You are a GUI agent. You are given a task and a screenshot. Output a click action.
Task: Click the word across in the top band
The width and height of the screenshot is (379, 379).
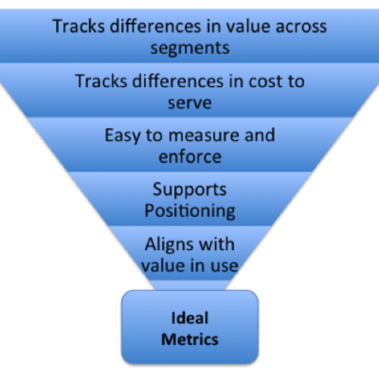click(301, 27)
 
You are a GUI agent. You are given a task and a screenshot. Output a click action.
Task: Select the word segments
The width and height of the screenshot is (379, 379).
click(189, 48)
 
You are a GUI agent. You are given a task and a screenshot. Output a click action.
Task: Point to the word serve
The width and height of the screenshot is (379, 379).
click(189, 103)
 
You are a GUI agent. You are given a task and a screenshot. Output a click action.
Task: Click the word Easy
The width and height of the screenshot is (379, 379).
click(122, 135)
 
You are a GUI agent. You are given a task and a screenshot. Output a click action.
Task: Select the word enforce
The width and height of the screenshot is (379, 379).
click(189, 156)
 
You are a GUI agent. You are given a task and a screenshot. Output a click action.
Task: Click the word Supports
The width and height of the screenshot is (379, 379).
click(189, 190)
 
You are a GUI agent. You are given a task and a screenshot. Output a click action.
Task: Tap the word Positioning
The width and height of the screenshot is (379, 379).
click(189, 211)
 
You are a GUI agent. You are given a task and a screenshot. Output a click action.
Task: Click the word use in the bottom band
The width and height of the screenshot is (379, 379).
click(224, 265)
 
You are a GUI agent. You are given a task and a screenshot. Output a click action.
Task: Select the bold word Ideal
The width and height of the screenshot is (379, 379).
click(189, 317)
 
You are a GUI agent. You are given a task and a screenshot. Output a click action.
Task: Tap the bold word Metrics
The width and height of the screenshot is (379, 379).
click(189, 339)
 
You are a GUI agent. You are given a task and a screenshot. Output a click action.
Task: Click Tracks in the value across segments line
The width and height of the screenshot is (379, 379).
click(79, 27)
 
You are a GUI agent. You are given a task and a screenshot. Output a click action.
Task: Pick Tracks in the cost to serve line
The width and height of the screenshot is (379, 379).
click(101, 81)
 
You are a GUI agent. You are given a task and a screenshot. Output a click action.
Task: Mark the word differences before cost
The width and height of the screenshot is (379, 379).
click(177, 81)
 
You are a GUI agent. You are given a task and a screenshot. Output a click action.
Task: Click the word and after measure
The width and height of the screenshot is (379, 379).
click(260, 135)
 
